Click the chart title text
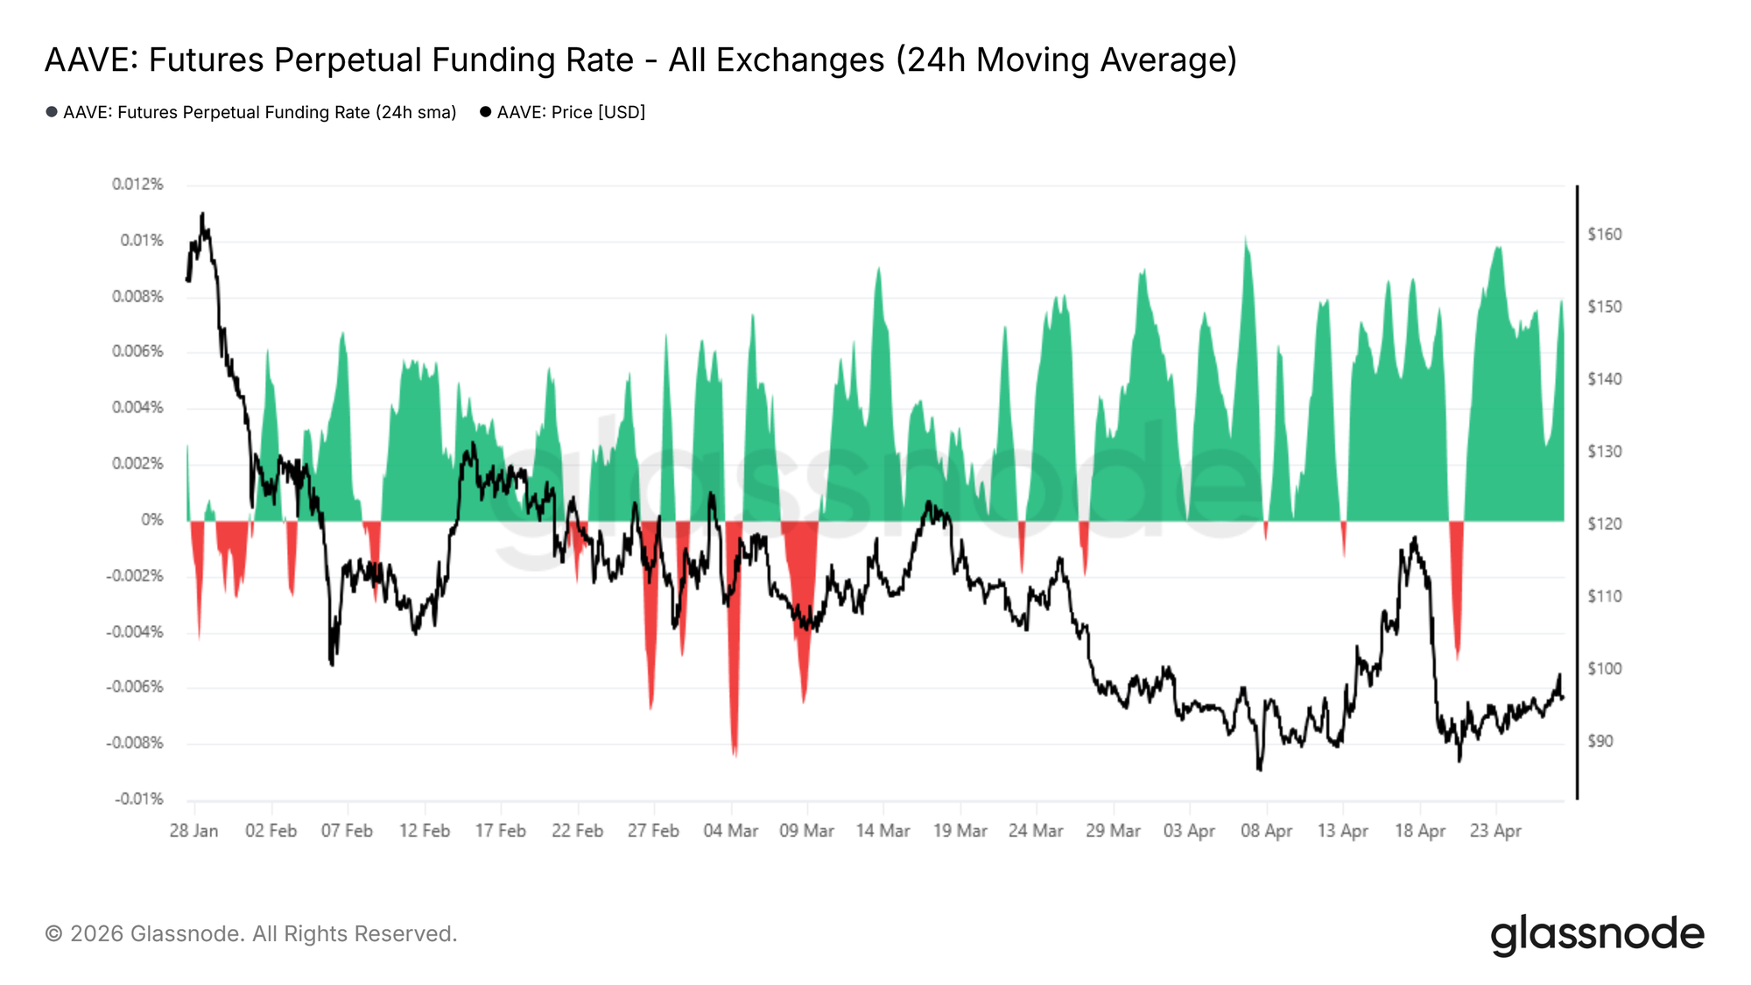click(x=641, y=60)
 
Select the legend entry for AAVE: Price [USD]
click(x=570, y=112)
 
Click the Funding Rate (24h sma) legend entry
click(x=259, y=112)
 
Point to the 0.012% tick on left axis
click(x=137, y=184)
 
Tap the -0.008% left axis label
click(x=135, y=742)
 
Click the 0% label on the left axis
click(x=151, y=519)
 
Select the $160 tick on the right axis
click(x=1604, y=234)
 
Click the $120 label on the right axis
click(x=1604, y=524)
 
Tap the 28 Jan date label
click(x=193, y=830)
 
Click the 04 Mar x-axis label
click(x=730, y=830)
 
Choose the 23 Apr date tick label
click(x=1495, y=830)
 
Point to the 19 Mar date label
click(x=960, y=830)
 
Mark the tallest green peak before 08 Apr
click(x=1245, y=239)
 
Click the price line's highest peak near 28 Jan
click(x=202, y=214)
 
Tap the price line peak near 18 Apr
click(x=1415, y=538)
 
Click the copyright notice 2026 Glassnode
click(x=250, y=933)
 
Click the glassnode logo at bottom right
click(x=1597, y=934)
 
